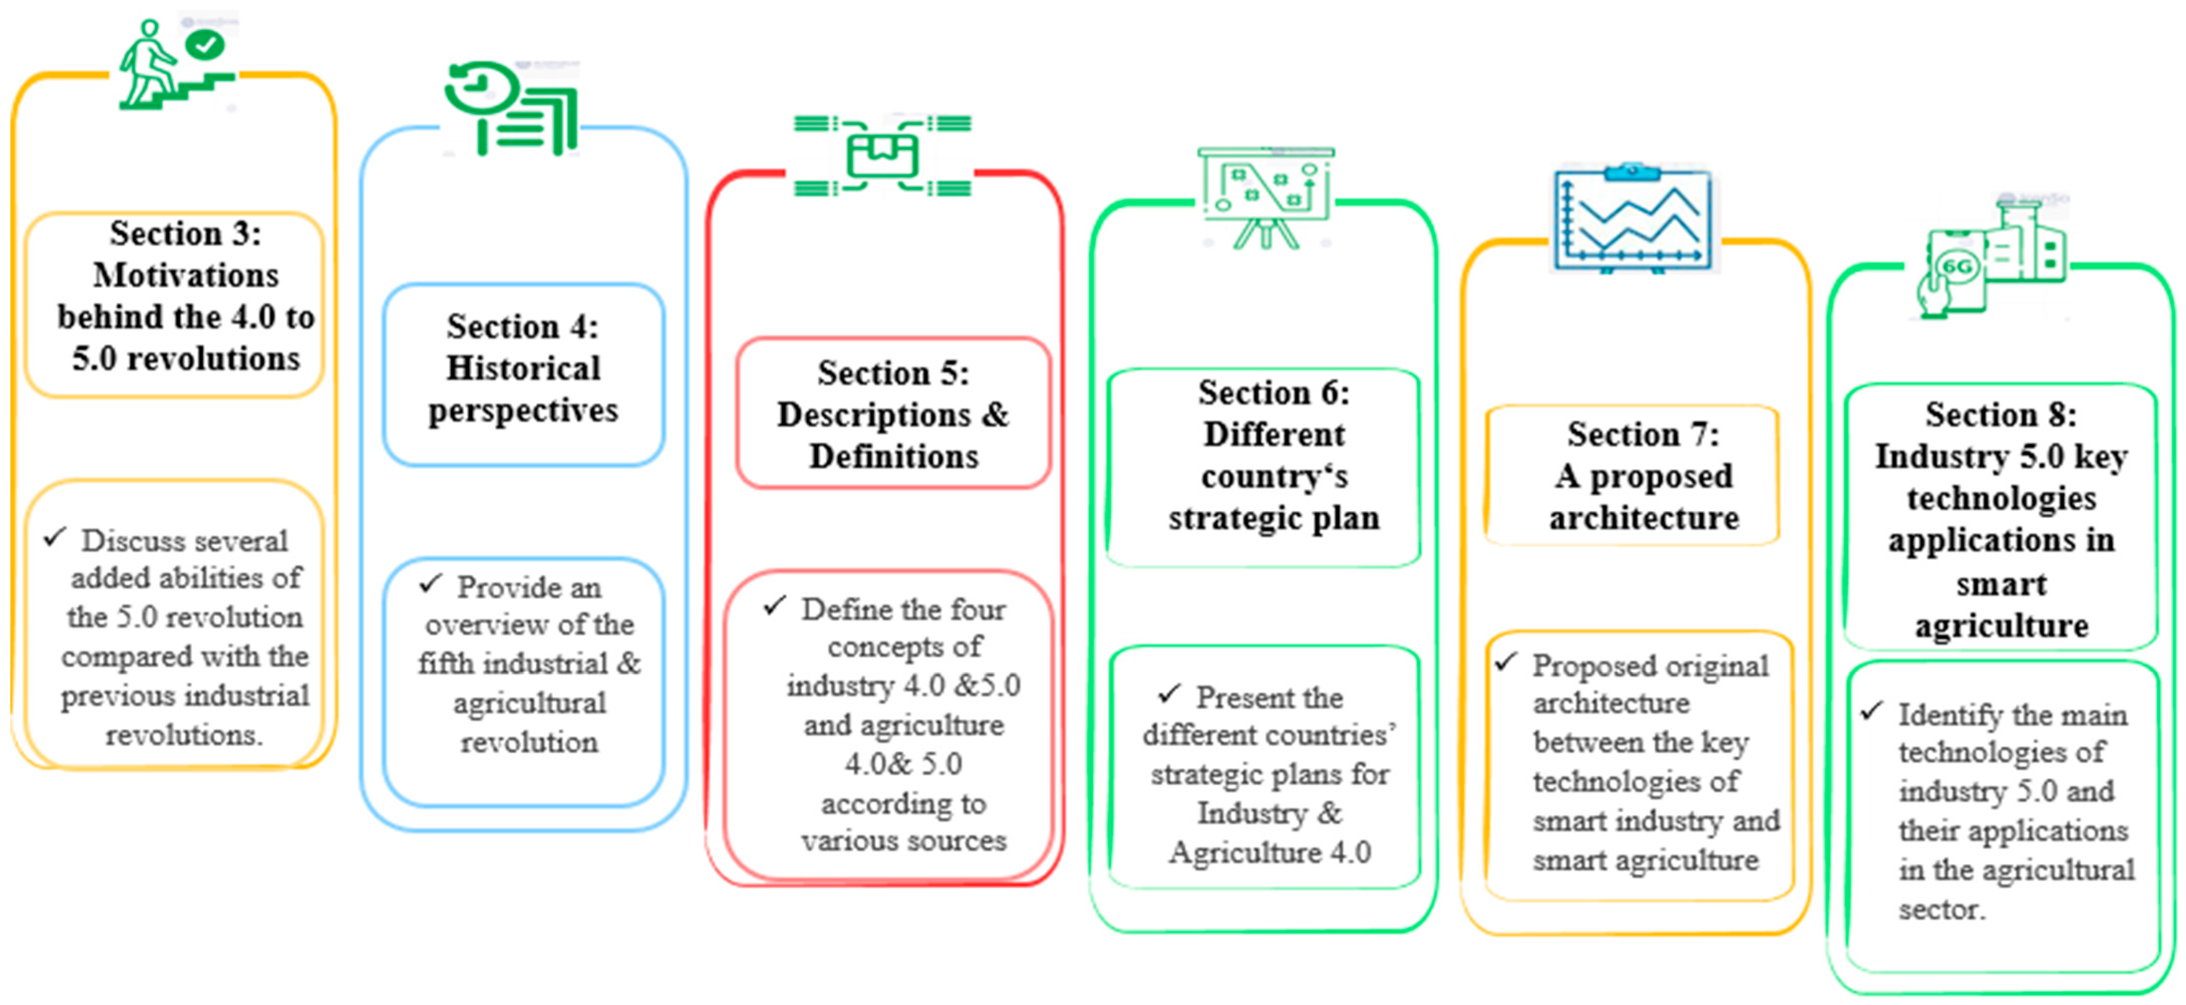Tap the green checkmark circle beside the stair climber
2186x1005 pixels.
pos(205,44)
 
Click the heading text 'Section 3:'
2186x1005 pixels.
pos(186,233)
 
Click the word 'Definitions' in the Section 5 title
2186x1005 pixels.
pos(894,457)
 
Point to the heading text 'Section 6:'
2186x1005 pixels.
pos(1273,393)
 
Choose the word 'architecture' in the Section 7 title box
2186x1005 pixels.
pos(1644,518)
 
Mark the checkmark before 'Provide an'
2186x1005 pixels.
pos(431,583)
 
